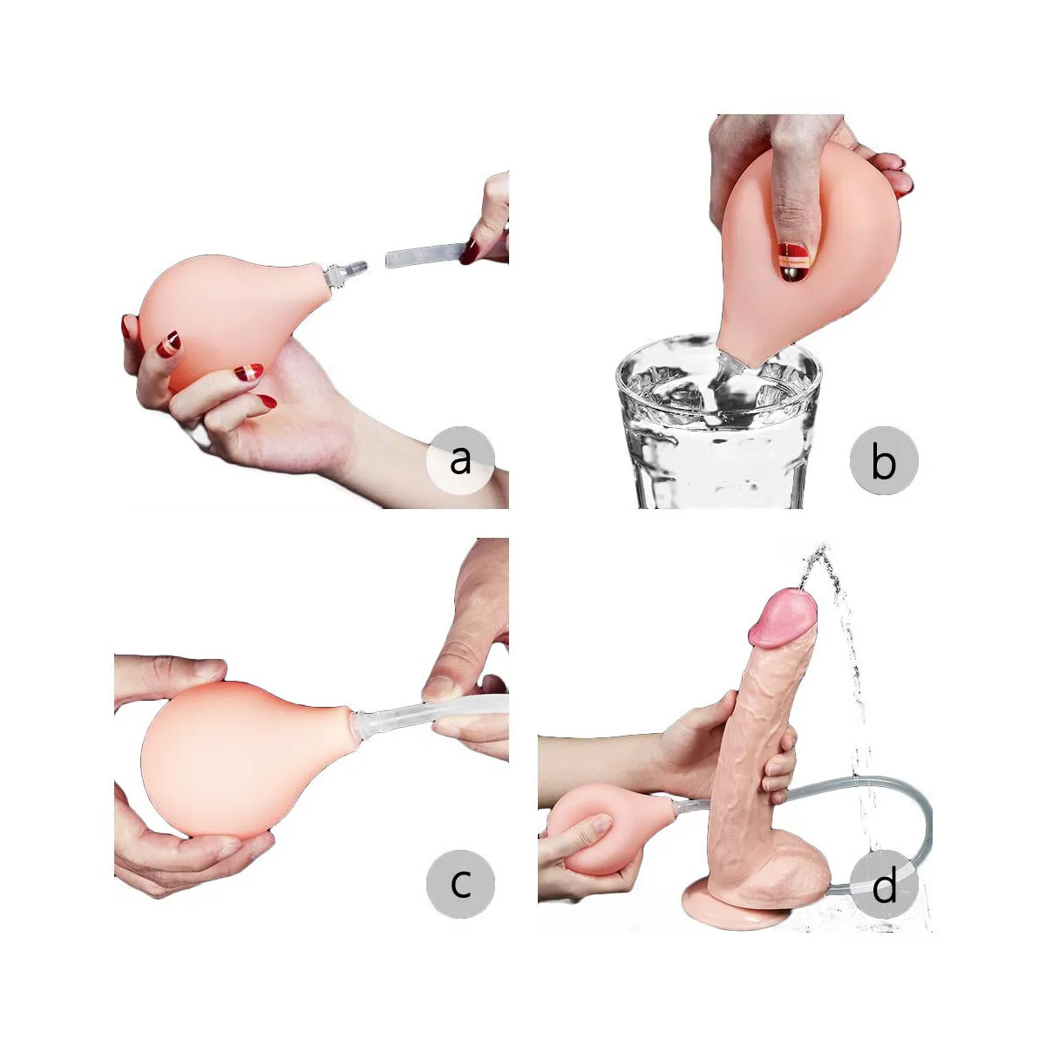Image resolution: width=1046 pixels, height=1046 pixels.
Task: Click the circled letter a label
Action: [460, 458]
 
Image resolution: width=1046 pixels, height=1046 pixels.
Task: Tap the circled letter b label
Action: [884, 459]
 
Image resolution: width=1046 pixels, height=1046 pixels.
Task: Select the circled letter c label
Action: [460, 882]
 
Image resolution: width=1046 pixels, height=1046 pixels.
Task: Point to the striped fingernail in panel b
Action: [793, 261]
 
